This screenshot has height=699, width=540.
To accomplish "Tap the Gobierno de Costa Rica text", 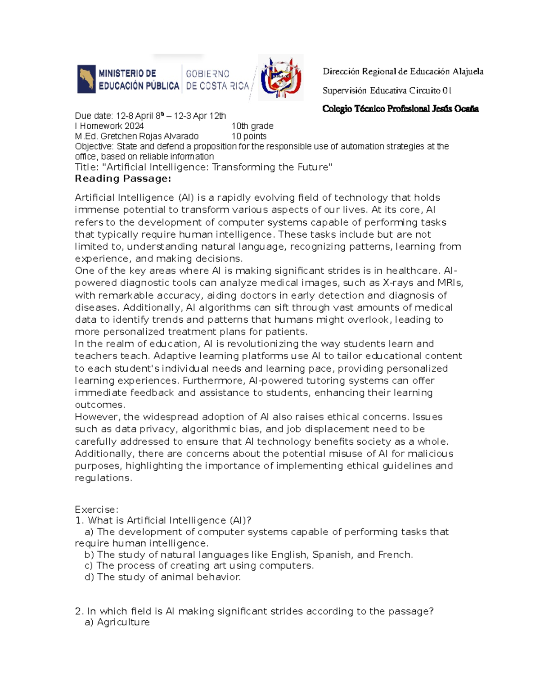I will (x=217, y=80).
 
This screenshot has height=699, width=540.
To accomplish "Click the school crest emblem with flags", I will (x=280, y=77).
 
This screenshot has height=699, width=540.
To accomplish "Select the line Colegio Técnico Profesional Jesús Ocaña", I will (x=400, y=109).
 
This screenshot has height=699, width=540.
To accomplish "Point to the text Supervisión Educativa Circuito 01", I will (x=387, y=90).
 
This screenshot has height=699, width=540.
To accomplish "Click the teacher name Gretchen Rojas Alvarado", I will (x=136, y=136).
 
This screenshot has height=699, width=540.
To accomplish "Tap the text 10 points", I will (x=249, y=136).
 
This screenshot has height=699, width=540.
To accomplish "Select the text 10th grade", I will (x=252, y=126).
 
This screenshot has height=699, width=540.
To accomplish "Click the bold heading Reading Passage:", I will (x=123, y=179).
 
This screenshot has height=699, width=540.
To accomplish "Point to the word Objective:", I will (x=94, y=146).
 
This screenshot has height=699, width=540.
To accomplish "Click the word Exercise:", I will (x=96, y=510).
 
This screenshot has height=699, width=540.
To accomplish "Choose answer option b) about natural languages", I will (x=248, y=555).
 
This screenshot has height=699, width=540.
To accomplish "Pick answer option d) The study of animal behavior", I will (x=162, y=577).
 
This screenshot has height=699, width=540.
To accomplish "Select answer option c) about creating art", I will (x=199, y=565).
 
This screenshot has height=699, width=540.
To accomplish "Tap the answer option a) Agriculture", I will (x=117, y=622).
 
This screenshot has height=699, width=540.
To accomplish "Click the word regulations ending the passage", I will (x=103, y=478).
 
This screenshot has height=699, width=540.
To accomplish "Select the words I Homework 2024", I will (x=109, y=126).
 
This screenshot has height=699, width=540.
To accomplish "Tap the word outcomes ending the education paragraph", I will (x=99, y=405).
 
